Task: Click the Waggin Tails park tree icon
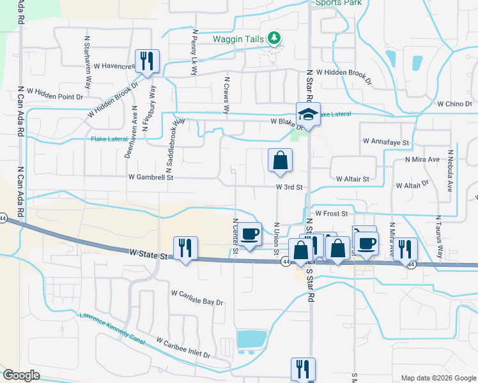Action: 275,38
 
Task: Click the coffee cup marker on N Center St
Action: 251,234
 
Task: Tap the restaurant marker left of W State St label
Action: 185,248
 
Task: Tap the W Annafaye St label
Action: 385,140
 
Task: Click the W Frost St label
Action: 330,214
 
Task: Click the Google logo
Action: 21,375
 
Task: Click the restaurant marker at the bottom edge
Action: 302,369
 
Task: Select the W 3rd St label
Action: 289,187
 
